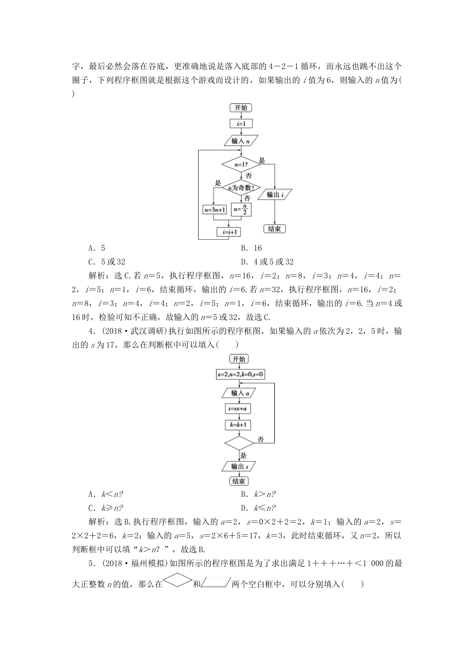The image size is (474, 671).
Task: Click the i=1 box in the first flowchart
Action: (241, 124)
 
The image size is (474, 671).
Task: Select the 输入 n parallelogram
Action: (241, 141)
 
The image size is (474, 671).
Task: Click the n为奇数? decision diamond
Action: (241, 188)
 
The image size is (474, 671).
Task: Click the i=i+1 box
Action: (229, 232)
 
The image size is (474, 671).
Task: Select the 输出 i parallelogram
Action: (276, 195)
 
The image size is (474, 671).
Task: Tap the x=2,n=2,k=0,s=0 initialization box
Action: (240, 374)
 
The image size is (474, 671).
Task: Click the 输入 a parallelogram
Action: (238, 392)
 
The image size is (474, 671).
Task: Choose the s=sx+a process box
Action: (238, 409)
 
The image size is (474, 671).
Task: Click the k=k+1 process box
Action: (238, 425)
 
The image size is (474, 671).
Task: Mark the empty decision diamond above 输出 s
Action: (239, 442)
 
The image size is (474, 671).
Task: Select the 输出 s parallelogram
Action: (238, 466)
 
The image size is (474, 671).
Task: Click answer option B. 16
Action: (251, 248)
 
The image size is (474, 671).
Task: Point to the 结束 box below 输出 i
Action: (274, 229)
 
